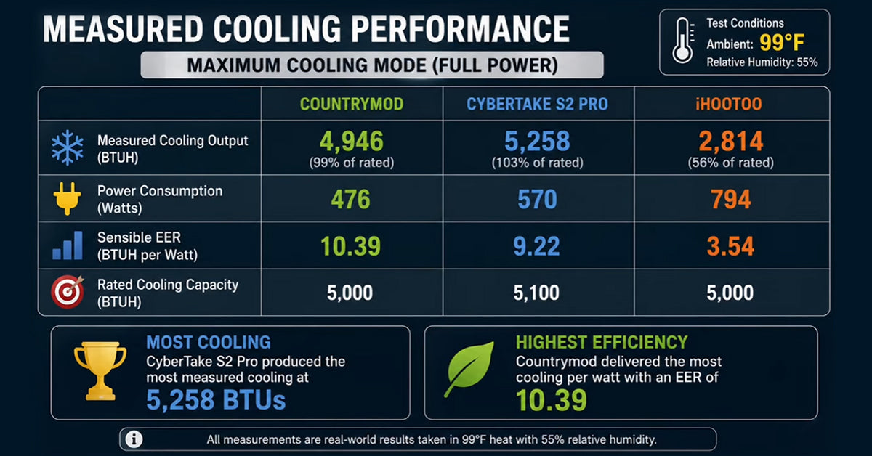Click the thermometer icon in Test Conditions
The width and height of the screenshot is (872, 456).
tap(683, 41)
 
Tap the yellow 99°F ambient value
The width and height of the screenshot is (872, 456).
tap(782, 42)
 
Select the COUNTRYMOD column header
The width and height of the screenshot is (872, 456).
tap(352, 105)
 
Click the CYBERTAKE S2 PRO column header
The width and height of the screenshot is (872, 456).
tap(537, 105)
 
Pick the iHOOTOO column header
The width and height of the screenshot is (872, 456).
tap(729, 105)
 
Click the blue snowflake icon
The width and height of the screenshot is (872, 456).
tap(68, 148)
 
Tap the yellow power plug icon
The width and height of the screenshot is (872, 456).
tap(68, 198)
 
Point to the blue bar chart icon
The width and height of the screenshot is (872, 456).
tap(68, 245)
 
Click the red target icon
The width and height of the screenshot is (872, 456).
tap(68, 292)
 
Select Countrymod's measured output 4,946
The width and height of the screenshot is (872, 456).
tap(352, 141)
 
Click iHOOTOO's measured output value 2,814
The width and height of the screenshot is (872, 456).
tap(731, 141)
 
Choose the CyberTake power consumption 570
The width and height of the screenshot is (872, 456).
tap(537, 199)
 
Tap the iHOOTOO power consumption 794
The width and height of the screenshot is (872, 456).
tap(731, 199)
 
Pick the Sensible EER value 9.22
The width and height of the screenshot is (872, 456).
tap(536, 246)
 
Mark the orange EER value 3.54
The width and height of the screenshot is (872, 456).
tap(730, 246)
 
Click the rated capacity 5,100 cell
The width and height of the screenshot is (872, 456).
tap(536, 293)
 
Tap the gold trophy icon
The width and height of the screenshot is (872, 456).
tap(100, 371)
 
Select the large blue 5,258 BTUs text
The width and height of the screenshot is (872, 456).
tap(216, 400)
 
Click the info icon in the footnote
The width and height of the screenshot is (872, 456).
tap(134, 439)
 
